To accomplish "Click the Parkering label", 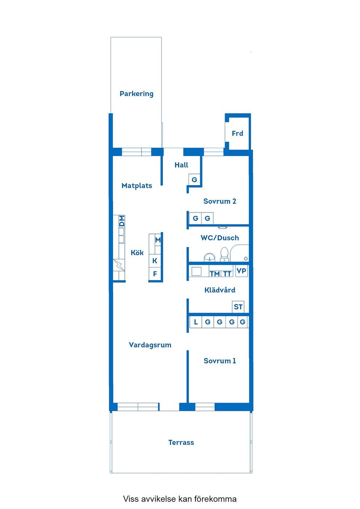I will pyautogui.click(x=136, y=94).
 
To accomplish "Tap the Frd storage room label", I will pyautogui.click(x=237, y=133).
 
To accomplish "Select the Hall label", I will pyautogui.click(x=181, y=165).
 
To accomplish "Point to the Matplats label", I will pyautogui.click(x=137, y=186).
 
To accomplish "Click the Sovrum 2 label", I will pyautogui.click(x=220, y=201).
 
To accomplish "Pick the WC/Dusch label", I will pyautogui.click(x=220, y=238).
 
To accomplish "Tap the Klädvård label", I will pyautogui.click(x=220, y=290).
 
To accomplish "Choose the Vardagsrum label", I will pyautogui.click(x=150, y=345).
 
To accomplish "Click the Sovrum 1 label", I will pyautogui.click(x=220, y=361).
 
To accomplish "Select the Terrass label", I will pyautogui.click(x=181, y=442).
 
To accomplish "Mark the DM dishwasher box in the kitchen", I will pyautogui.click(x=121, y=221).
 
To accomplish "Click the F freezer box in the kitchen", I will pyautogui.click(x=155, y=274).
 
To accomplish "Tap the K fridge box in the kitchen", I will pyautogui.click(x=155, y=261).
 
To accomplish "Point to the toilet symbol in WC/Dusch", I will pyautogui.click(x=224, y=254).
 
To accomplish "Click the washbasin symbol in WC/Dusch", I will pyautogui.click(x=209, y=257).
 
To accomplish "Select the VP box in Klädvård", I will pyautogui.click(x=241, y=271).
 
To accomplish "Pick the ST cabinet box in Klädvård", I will pyautogui.click(x=238, y=307).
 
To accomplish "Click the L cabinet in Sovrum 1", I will pyautogui.click(x=195, y=322).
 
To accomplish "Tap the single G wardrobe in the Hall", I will pyautogui.click(x=194, y=180).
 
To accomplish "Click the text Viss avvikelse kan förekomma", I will pyautogui.click(x=180, y=499).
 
